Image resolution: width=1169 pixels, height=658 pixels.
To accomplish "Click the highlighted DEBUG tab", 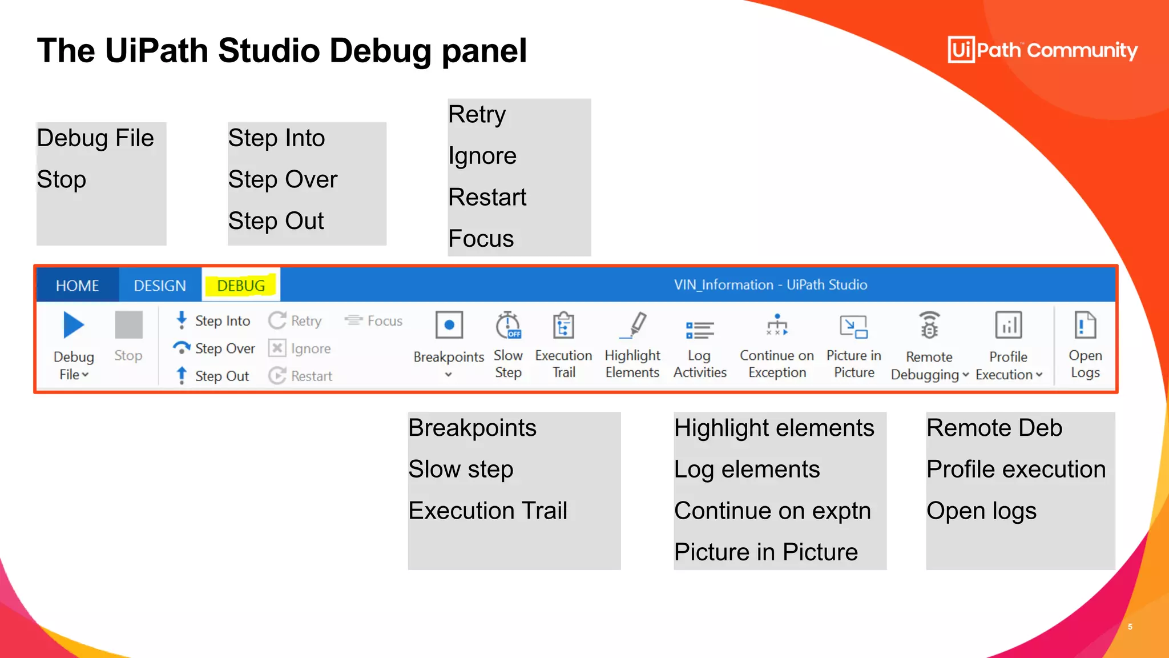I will pos(241,285).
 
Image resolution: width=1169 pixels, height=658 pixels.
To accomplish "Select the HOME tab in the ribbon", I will pos(77,285).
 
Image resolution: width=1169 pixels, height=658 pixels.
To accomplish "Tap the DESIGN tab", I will pos(160,285).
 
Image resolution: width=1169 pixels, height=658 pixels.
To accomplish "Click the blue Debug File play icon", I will pos(74,326).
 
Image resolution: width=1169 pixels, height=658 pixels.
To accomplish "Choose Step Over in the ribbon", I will pos(215,348).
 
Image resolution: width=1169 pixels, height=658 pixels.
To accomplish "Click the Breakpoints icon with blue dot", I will pos(449,326).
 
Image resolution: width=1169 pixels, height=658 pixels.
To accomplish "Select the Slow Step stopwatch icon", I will pos(508,326).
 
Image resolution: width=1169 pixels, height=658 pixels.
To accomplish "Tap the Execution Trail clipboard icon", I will pos(563,326).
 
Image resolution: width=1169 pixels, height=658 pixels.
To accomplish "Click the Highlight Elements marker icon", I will pos(634,326).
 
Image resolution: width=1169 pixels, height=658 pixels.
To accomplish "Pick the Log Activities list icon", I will pos(700,329).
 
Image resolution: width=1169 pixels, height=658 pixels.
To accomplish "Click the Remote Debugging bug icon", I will pos(929,326).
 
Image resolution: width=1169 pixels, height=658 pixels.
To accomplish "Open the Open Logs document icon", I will pos(1085,326).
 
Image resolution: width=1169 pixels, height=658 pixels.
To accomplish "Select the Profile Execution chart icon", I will pos(1008,326).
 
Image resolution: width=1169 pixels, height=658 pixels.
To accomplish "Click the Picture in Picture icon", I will pos(854,327).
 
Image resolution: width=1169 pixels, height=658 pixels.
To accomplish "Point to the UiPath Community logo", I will pos(1042,50).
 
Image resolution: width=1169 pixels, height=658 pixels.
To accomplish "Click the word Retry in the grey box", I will pos(477,114).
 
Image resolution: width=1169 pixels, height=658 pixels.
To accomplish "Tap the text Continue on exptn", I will pos(772,511).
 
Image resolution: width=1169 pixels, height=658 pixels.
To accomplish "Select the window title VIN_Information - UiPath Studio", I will pos(770,284).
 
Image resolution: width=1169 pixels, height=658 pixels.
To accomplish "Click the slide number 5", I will pos(1130,627).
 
